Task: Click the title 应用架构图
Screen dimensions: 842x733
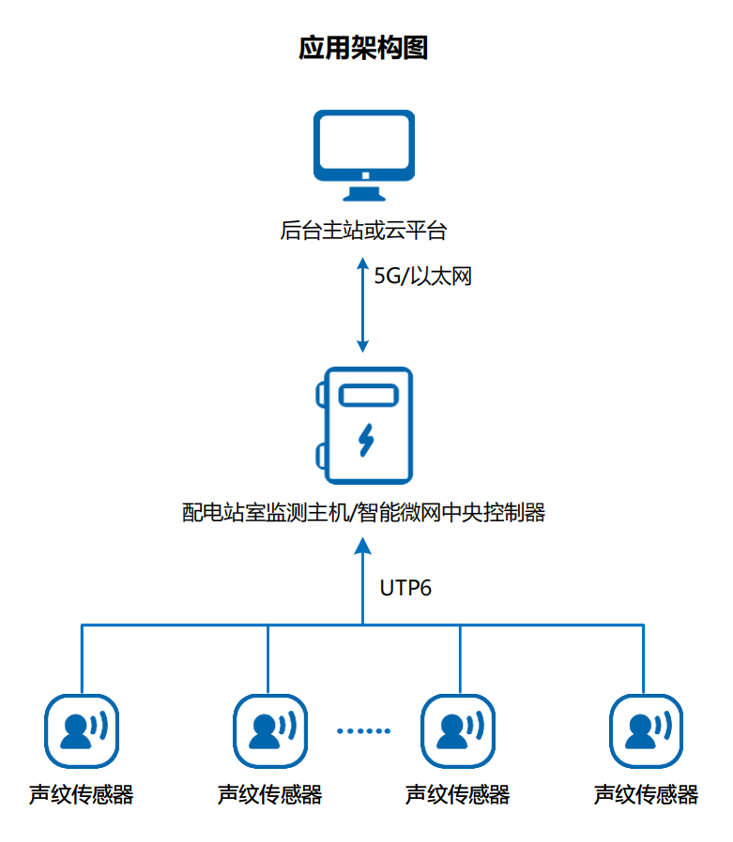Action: [x=363, y=48]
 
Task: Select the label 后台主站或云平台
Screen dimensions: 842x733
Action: [x=363, y=230]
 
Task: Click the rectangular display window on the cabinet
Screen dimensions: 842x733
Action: [x=368, y=397]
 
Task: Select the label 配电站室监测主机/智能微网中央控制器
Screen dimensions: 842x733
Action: [x=363, y=512]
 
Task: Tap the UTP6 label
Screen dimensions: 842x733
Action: [x=405, y=589]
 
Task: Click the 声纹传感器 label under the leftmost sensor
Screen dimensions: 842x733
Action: [x=82, y=795]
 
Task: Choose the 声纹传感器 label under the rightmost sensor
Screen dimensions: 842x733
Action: [x=646, y=795]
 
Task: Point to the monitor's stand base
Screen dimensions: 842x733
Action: [x=363, y=197]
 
